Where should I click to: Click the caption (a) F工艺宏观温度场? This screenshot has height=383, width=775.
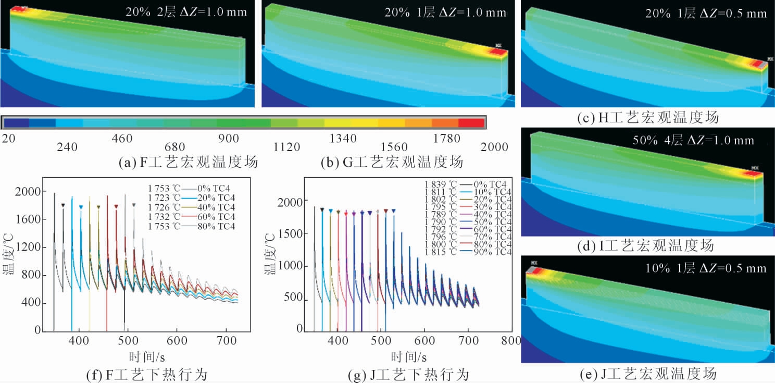pos(189,163)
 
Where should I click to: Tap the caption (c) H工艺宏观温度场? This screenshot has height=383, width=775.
pos(648,118)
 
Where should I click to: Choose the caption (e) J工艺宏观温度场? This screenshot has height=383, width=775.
pos(648,374)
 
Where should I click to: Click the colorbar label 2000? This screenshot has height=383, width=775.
pos(493,147)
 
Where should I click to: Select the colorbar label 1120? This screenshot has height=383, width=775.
pos(287,147)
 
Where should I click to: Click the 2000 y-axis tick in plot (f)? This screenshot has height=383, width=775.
pos(34,192)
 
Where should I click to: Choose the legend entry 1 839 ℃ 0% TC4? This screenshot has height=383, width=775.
pos(468,183)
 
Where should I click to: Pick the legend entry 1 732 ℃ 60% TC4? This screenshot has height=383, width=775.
pos(191,216)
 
